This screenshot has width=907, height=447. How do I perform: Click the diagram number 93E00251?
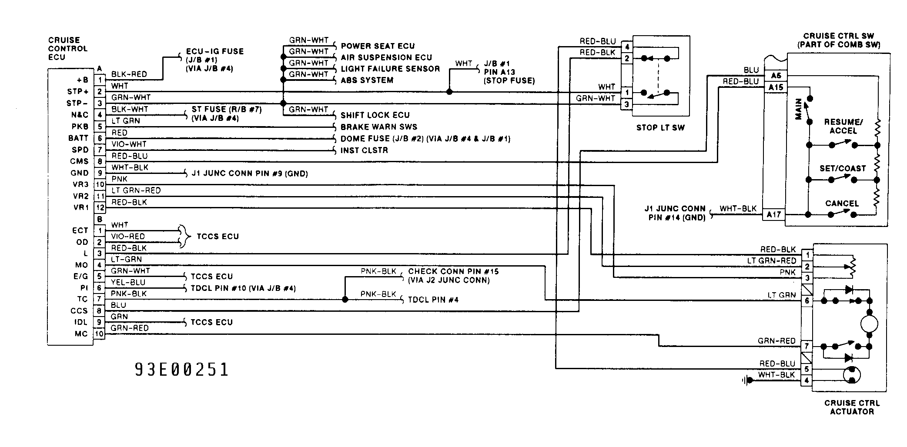click(182, 370)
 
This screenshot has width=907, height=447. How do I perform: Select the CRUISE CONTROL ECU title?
click(67, 49)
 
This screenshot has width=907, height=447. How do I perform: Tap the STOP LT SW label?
click(660, 127)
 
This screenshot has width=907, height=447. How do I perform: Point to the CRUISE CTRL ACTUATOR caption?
click(852, 407)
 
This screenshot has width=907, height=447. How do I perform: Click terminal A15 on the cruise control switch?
click(776, 87)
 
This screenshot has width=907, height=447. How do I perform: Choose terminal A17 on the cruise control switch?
click(773, 214)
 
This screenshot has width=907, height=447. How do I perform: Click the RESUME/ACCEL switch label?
click(843, 126)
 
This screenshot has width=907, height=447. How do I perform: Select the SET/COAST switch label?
click(843, 168)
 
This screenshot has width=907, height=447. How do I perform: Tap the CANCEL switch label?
click(842, 203)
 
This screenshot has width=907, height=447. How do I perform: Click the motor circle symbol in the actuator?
click(869, 324)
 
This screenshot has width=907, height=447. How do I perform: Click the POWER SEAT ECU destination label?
click(378, 46)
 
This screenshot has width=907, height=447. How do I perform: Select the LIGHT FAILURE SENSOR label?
click(390, 69)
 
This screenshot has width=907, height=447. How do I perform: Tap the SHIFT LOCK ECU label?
click(375, 115)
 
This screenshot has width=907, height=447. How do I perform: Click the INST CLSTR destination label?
click(364, 150)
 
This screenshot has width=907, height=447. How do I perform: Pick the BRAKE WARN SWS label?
click(379, 127)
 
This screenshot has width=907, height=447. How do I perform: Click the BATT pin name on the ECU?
click(78, 138)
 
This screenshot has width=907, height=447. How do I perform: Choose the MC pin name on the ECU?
click(81, 334)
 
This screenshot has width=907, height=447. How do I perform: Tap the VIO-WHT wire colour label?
click(129, 144)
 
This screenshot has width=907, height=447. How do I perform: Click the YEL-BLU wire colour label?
click(128, 282)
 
